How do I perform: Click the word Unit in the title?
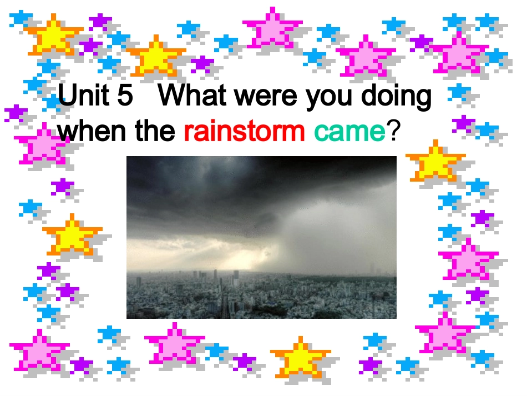tap(83, 94)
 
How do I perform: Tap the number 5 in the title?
tap(126, 95)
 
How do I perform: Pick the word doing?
tap(397, 97)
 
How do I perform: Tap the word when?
tap(93, 131)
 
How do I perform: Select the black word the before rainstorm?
tap(155, 131)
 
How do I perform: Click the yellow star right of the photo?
tap(435, 161)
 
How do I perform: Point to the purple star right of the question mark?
tap(463, 123)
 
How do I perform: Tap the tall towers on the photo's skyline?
tap(217, 277)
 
